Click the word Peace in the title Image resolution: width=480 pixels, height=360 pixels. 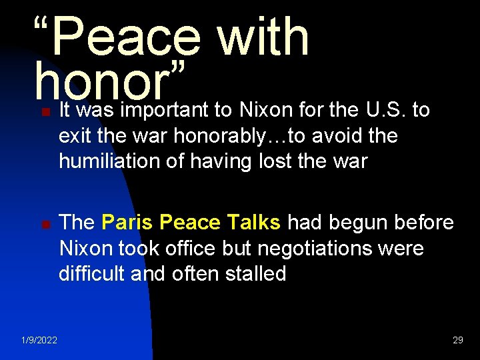tap(125, 37)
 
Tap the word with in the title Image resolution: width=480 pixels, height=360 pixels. tap(263, 37)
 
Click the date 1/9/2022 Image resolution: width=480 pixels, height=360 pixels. tap(39, 341)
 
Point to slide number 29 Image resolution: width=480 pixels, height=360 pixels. tap(457, 341)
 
